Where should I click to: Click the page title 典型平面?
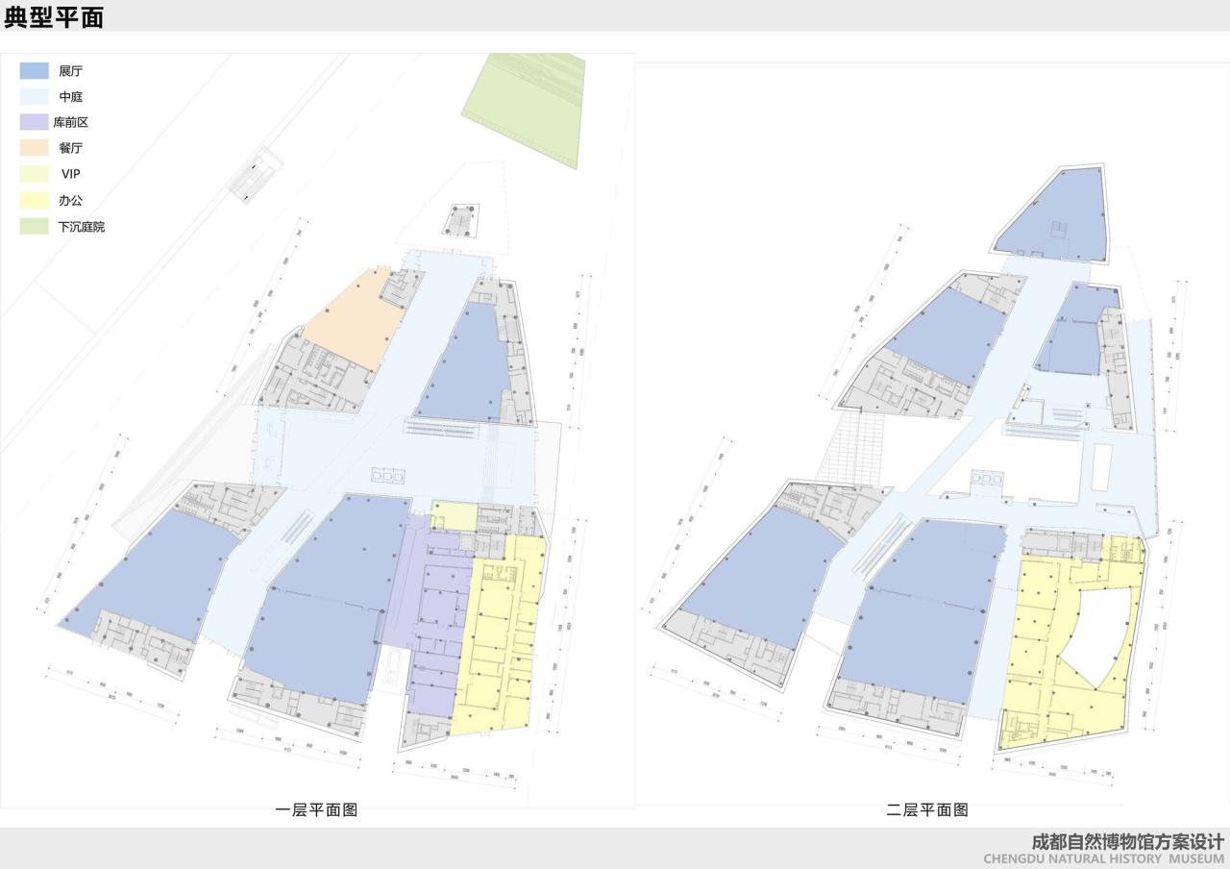pyautogui.click(x=54, y=16)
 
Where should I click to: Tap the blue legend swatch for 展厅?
pyautogui.click(x=35, y=70)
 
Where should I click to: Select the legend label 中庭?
pyautogui.click(x=71, y=97)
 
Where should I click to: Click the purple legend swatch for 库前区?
pyautogui.click(x=35, y=122)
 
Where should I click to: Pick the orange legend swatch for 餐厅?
pyautogui.click(x=35, y=148)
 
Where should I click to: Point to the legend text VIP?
pyautogui.click(x=71, y=174)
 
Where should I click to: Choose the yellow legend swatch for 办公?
pyautogui.click(x=35, y=200)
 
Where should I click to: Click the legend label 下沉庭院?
pyautogui.click(x=82, y=227)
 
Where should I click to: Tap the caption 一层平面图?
pyautogui.click(x=316, y=810)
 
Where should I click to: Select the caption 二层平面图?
pyautogui.click(x=926, y=810)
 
